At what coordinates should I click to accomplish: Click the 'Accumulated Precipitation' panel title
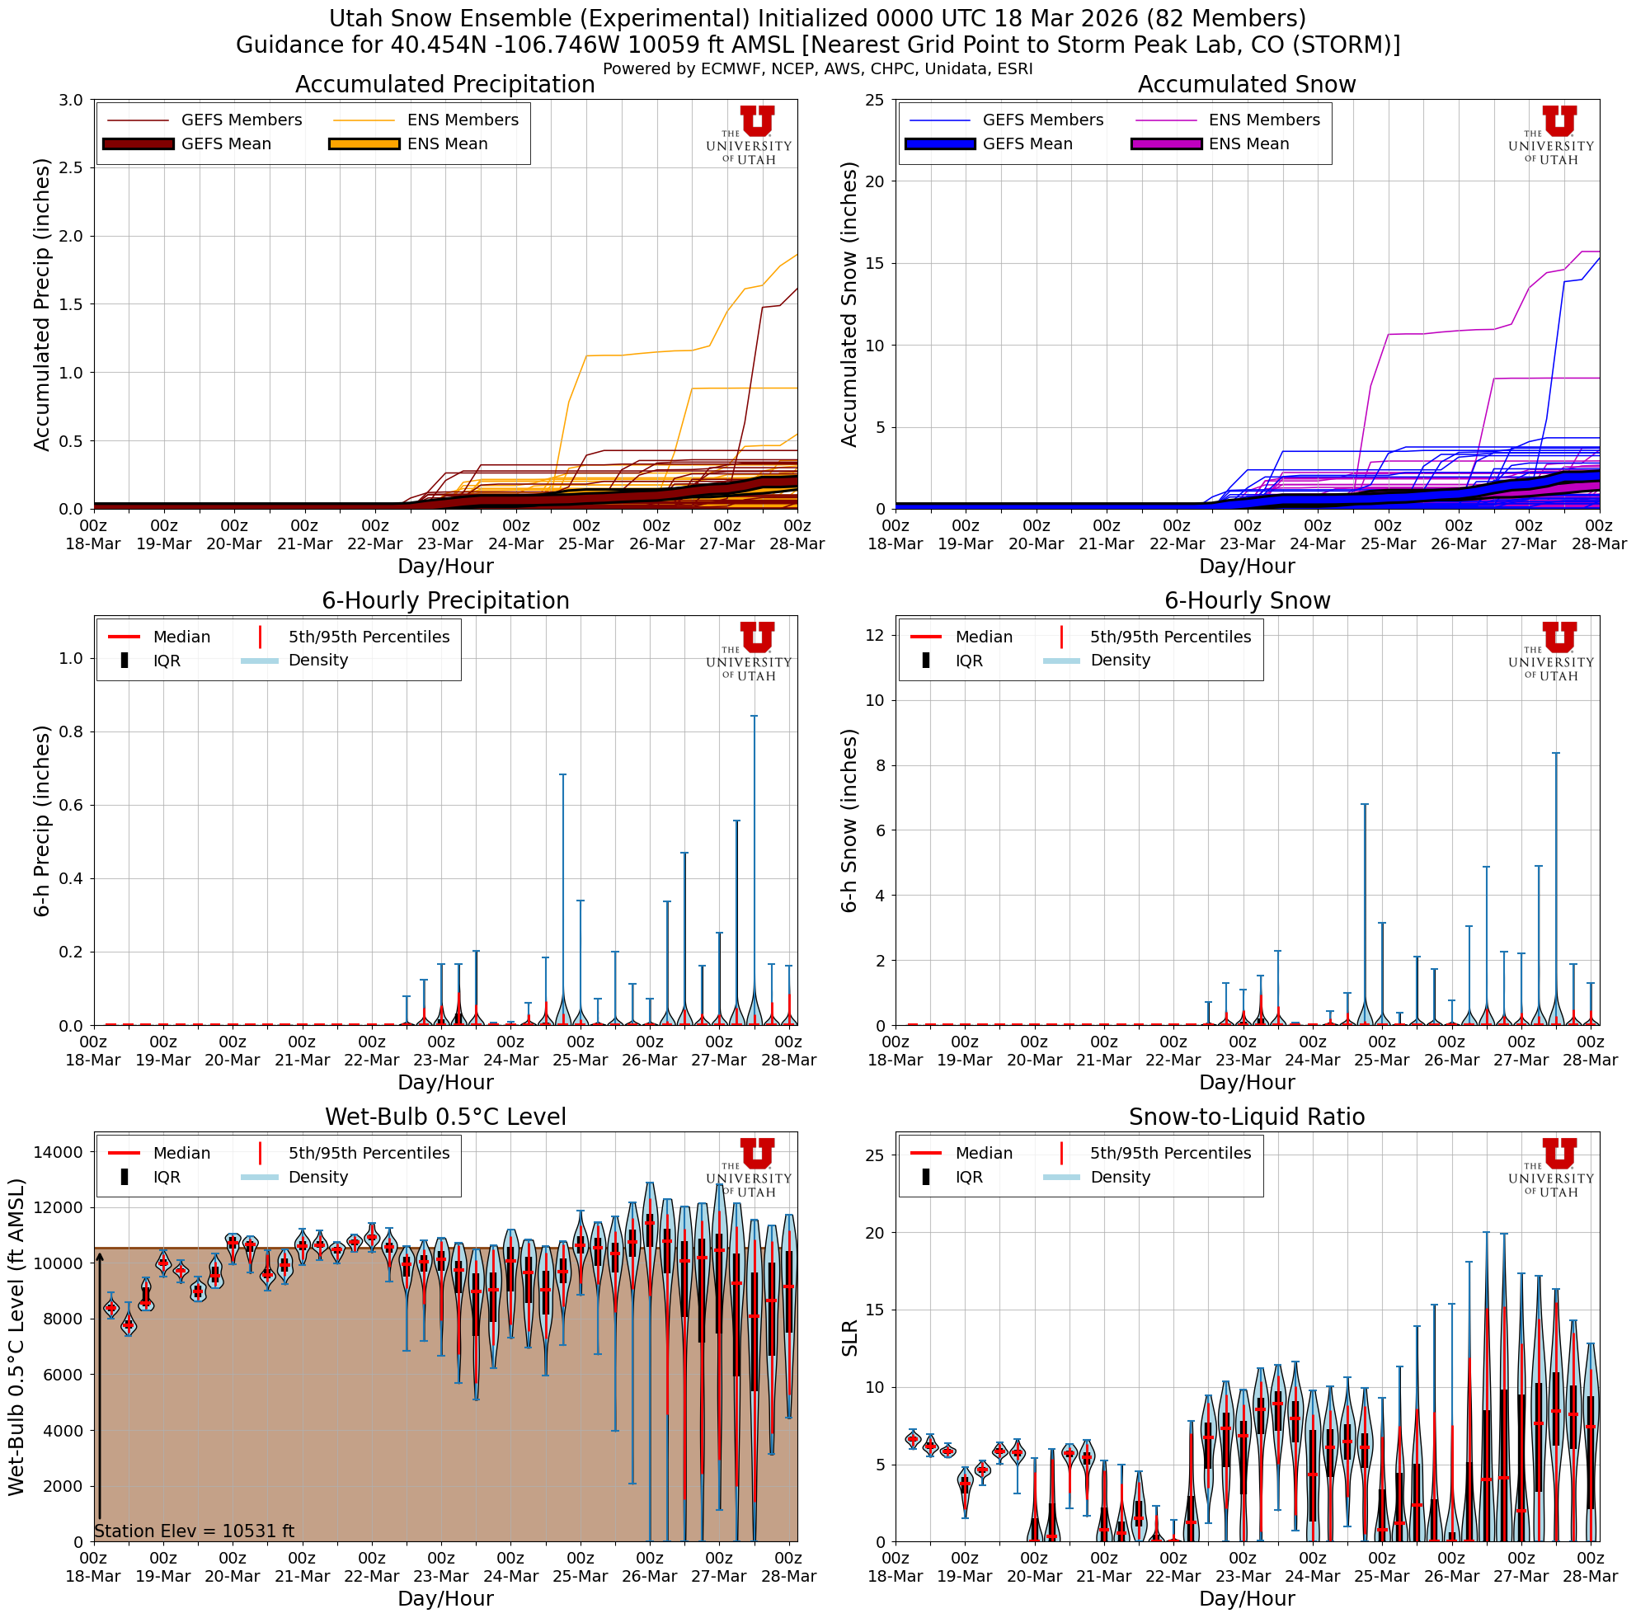pos(444,85)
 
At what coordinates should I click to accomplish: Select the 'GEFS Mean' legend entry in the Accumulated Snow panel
pos(1027,144)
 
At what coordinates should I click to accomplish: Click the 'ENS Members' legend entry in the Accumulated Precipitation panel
pos(463,120)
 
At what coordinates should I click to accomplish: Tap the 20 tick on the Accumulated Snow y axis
pos(873,181)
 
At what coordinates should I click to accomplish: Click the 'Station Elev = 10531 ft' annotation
pos(194,1531)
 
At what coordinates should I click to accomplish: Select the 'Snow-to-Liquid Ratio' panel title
pos(1247,1117)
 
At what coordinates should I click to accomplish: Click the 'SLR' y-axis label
pos(850,1338)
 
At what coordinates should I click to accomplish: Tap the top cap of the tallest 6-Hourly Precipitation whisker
pos(754,717)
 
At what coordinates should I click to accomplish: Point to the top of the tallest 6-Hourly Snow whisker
pos(1555,753)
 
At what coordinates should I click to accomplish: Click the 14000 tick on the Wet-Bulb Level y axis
pos(58,1151)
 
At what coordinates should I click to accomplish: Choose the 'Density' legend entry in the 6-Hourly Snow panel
pos(1120,661)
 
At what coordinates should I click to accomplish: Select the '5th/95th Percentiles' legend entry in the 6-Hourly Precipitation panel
pos(369,637)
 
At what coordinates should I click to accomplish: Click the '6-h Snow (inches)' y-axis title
pos(850,821)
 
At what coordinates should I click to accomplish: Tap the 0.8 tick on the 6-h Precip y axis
pos(68,731)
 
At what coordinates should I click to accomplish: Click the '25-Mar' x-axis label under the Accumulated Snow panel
pos(1388,543)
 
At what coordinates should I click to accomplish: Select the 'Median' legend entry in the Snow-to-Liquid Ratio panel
pos(983,1153)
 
